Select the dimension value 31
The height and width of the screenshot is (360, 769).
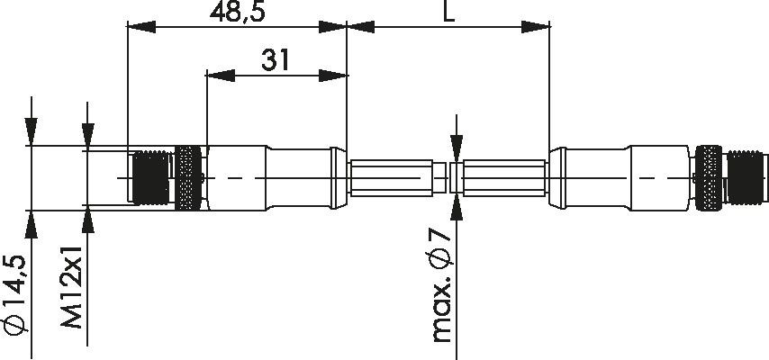(x=276, y=60)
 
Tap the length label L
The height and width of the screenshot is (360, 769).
(x=448, y=12)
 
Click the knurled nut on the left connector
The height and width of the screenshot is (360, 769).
(x=189, y=178)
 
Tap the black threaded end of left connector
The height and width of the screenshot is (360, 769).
(x=149, y=178)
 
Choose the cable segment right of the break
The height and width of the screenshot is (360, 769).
(x=504, y=177)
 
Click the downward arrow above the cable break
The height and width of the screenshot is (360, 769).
(x=457, y=148)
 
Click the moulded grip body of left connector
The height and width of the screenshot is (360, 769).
(x=270, y=178)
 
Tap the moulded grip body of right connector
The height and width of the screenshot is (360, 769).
(x=621, y=178)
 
